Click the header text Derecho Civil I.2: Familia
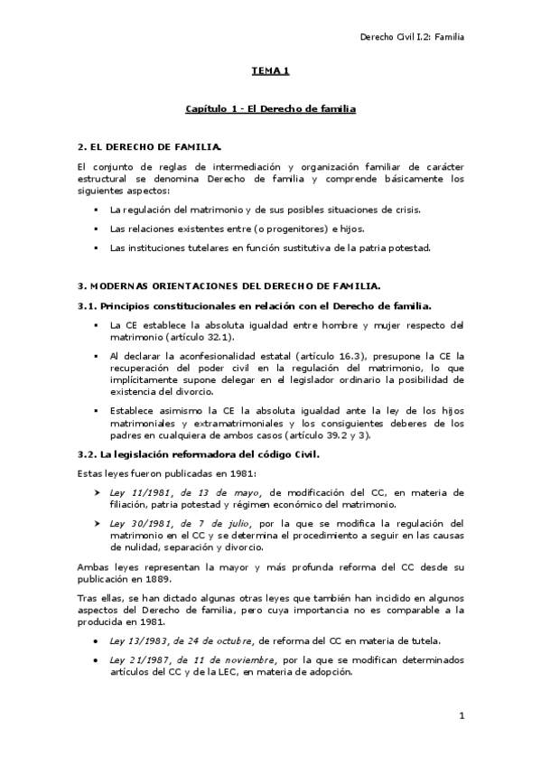[411, 37]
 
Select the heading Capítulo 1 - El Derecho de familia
[270, 108]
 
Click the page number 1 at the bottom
[461, 716]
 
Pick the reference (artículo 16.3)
[343, 357]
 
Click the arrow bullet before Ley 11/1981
[97, 492]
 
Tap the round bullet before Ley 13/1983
[97, 640]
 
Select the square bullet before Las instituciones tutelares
[96, 248]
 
